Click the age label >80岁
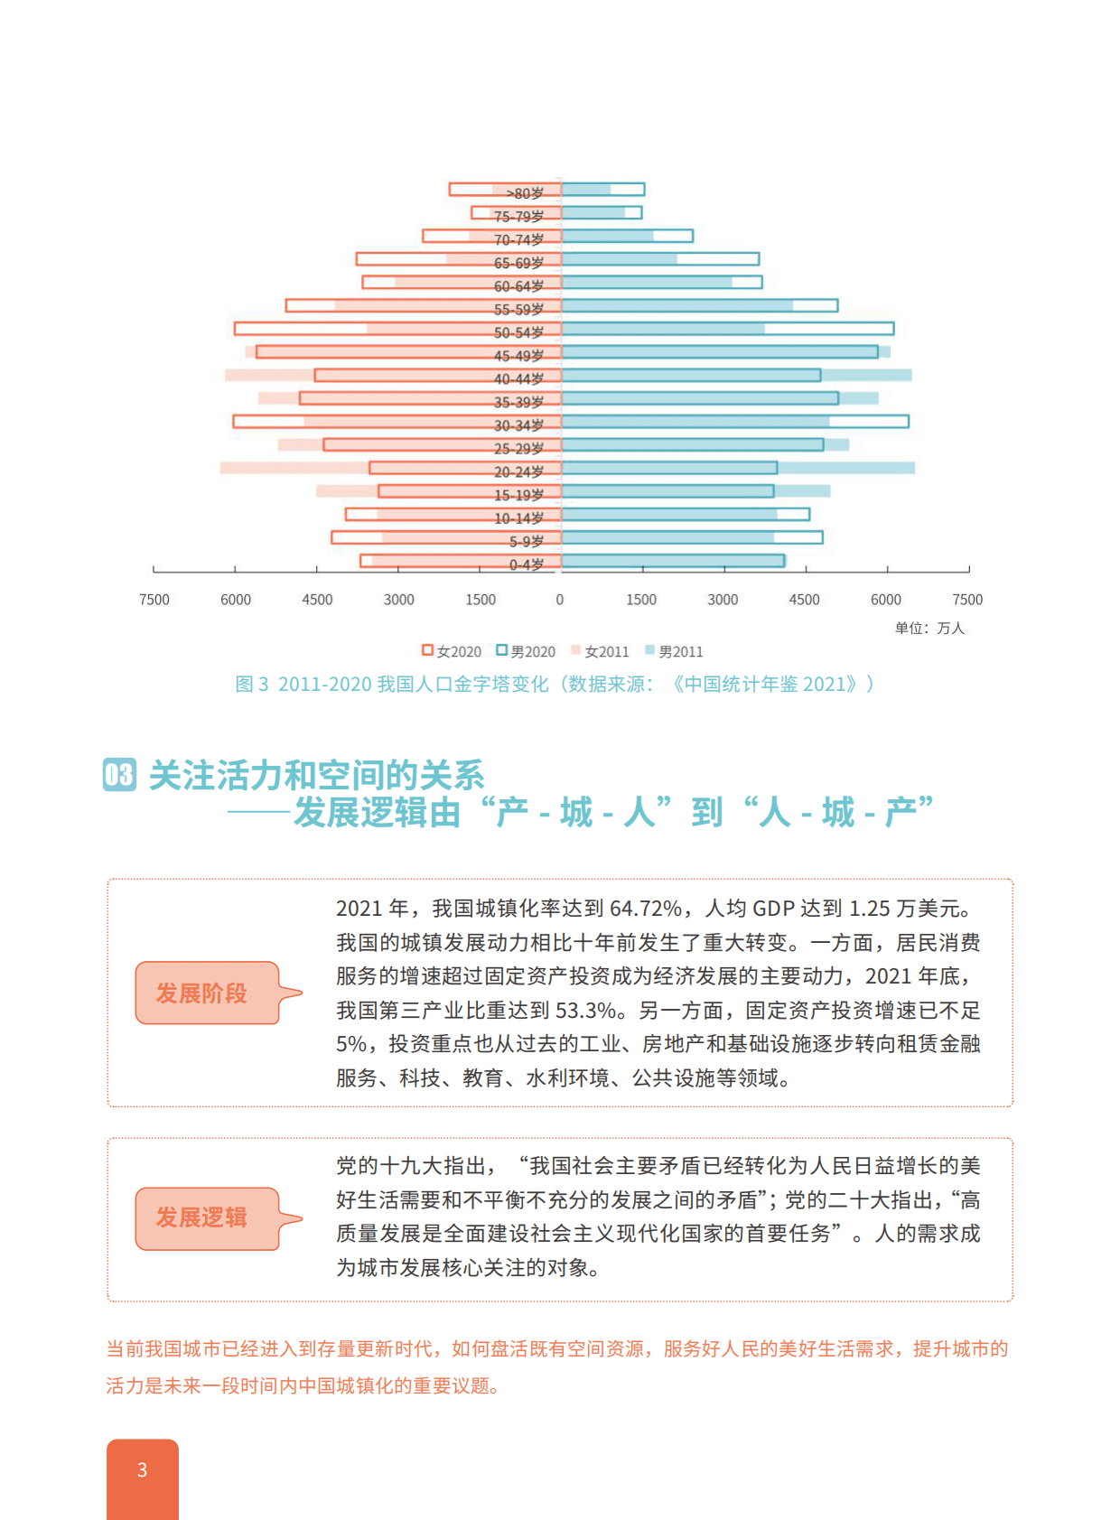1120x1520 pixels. pos(525,193)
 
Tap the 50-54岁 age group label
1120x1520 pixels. pos(518,332)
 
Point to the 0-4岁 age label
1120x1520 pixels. pos(527,564)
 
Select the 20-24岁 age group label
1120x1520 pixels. pos(518,471)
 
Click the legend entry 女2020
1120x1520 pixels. pos(452,651)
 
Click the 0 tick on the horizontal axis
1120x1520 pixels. pos(560,600)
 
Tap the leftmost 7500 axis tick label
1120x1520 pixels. pos(154,600)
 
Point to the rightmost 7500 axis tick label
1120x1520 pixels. pos(967,600)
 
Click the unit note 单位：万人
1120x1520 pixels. pos(929,628)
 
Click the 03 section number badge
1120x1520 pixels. pos(120,775)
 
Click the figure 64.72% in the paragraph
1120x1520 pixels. pos(646,909)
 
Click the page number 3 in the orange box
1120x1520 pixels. pos(142,1470)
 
